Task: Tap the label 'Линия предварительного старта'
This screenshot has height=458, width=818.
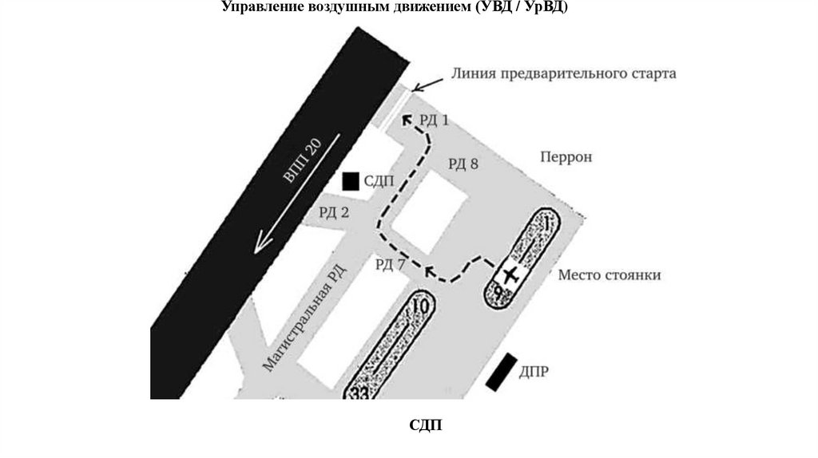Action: [x=563, y=73]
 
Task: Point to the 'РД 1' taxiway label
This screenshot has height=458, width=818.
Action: [x=434, y=120]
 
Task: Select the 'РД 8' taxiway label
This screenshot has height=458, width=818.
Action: [x=463, y=164]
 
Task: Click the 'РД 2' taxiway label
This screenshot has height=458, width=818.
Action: [x=334, y=212]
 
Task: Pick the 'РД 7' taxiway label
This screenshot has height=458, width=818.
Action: [x=391, y=265]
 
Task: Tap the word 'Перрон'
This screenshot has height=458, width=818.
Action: [x=566, y=157]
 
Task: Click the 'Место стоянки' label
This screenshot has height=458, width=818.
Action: [x=609, y=275]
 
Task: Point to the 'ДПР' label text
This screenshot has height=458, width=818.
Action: [x=534, y=373]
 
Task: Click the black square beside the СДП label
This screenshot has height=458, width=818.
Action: [x=350, y=181]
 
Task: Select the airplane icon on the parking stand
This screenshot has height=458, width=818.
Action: [x=510, y=276]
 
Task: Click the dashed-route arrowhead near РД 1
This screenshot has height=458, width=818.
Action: [x=407, y=120]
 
